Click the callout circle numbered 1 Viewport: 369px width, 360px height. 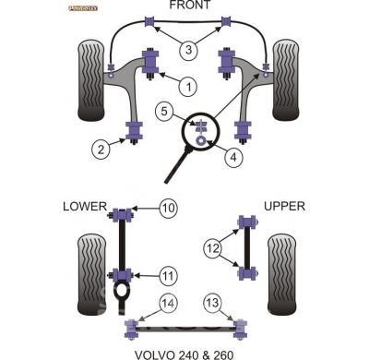[187, 88]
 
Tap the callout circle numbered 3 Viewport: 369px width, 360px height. [187, 49]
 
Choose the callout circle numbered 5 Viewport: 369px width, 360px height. [163, 113]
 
